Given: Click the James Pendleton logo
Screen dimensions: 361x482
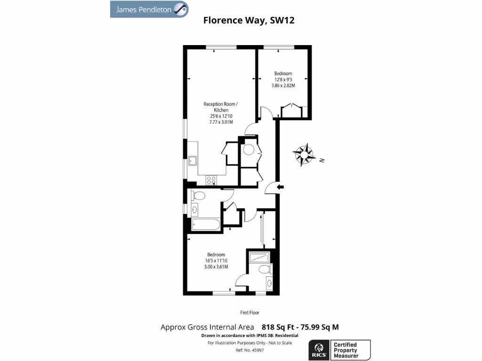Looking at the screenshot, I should [149, 9].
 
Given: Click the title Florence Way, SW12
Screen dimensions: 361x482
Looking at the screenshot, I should [249, 20].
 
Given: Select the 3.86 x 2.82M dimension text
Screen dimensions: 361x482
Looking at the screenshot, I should [283, 86].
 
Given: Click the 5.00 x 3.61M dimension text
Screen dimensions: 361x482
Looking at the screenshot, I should [217, 267].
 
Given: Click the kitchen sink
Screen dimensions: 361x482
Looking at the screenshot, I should [193, 161].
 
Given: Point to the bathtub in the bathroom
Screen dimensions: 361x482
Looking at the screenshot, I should [206, 225].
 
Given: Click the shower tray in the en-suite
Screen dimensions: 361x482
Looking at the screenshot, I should [258, 257].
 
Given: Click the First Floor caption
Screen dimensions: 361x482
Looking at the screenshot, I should [249, 313].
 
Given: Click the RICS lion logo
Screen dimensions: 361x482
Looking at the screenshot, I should [318, 350].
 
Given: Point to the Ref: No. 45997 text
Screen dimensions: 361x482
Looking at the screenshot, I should [249, 350].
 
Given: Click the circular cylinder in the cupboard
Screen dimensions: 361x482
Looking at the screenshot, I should [249, 149].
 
